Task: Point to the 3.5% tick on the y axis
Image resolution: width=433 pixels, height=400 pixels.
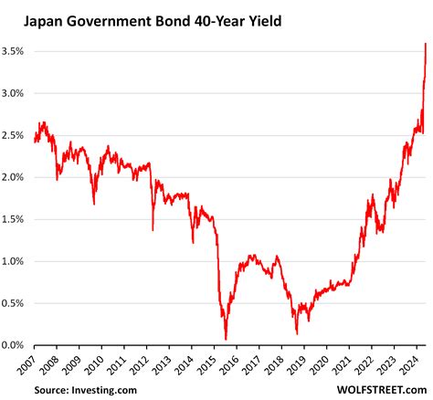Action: [16, 52]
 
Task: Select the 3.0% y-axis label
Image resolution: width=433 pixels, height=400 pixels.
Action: [16, 93]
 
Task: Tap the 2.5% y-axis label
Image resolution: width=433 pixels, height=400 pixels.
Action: [16, 135]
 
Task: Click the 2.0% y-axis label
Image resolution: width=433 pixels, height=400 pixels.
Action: [16, 177]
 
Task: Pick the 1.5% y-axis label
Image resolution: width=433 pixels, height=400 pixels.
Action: [16, 219]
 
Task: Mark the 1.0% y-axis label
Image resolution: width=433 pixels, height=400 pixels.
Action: [16, 261]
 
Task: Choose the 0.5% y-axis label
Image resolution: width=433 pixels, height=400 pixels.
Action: [16, 303]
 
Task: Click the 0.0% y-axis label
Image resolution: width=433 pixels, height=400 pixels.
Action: [16, 345]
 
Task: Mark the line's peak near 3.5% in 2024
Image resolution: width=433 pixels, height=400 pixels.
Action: [426, 44]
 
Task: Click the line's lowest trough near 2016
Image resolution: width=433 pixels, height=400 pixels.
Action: [226, 339]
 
